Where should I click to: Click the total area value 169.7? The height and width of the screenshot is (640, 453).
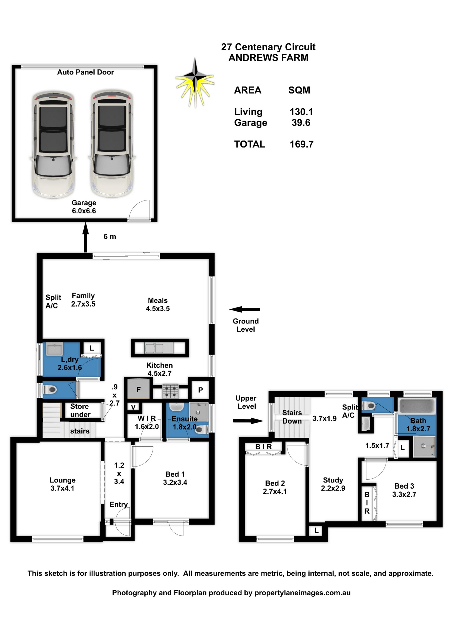pos(301,144)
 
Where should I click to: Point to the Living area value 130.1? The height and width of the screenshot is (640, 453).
pos(301,112)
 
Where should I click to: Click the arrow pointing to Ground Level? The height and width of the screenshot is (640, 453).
pos(245,309)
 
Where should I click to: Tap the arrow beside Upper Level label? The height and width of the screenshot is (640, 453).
pos(248,421)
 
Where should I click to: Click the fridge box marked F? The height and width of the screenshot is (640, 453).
pos(138,389)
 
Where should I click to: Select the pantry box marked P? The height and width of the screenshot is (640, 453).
pos(200,390)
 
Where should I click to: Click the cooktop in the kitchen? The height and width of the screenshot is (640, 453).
pos(170,391)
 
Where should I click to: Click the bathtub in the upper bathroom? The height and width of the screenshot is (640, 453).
pos(417,406)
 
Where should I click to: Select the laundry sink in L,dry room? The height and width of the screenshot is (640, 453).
pos(54,349)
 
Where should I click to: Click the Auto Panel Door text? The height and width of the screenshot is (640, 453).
pos(85,72)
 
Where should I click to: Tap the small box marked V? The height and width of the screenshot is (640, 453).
pos(133,407)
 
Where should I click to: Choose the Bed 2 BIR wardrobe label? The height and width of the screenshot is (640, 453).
pos(263,447)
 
